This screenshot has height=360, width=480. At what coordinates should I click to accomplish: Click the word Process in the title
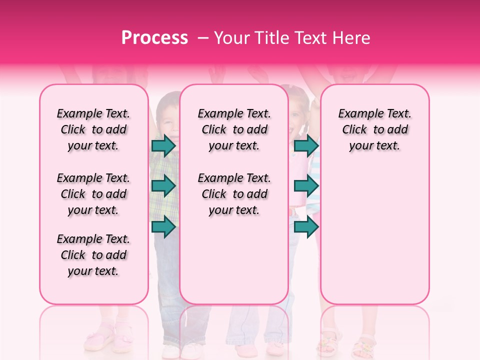(154, 38)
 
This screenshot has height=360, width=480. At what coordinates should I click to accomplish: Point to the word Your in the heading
(232, 38)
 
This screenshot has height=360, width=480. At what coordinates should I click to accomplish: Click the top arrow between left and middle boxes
(163, 146)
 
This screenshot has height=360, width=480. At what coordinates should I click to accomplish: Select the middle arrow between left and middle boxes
(163, 186)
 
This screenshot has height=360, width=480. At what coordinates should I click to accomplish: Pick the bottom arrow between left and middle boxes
(163, 226)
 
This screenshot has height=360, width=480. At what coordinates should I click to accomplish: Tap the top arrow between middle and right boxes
(306, 146)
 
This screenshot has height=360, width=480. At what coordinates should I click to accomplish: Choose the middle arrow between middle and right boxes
(306, 186)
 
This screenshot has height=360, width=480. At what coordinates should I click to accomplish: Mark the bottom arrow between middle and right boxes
(306, 226)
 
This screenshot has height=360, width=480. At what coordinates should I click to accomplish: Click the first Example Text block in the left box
(93, 129)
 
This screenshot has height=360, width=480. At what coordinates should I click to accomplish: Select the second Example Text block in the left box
(93, 194)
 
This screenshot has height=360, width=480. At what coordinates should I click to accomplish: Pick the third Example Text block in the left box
(93, 255)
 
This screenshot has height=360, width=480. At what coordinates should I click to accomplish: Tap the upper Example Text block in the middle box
(234, 129)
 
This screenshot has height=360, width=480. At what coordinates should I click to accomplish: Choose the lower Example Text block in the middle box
(234, 194)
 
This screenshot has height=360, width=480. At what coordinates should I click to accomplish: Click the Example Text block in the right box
(374, 129)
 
